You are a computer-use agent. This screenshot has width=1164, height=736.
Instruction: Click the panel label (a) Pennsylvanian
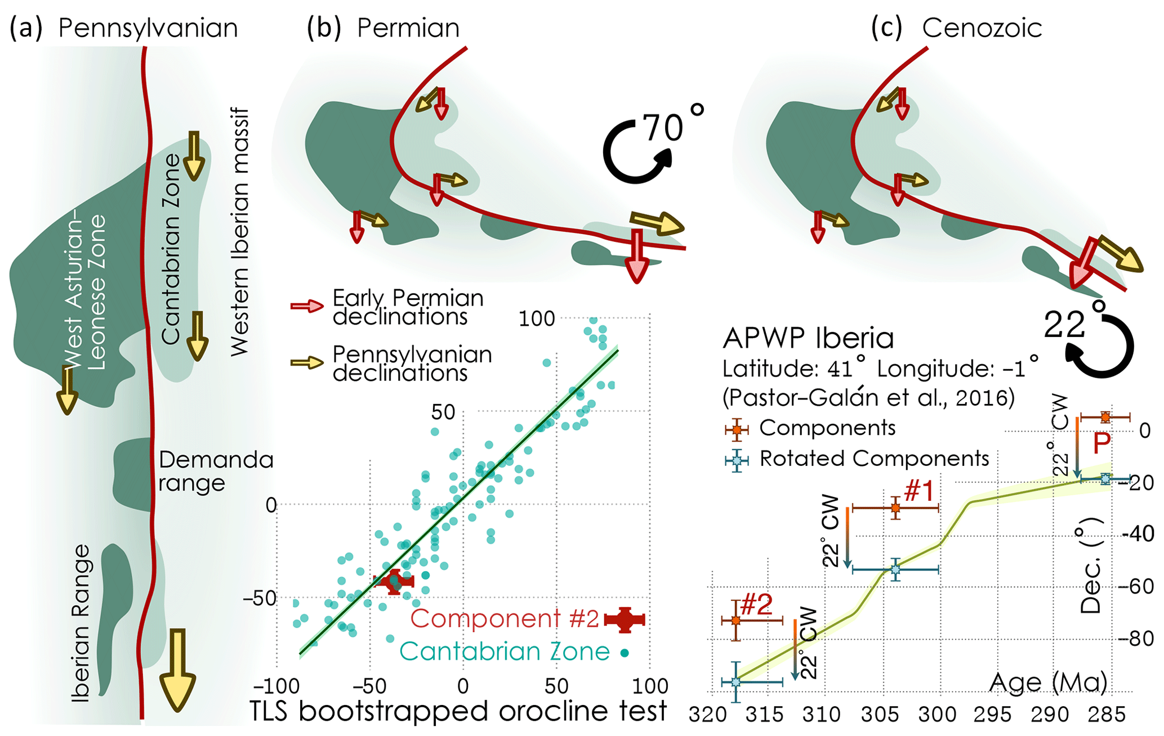[124, 28]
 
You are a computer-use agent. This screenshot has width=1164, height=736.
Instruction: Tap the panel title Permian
[408, 28]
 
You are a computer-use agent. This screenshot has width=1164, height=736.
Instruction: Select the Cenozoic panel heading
[982, 28]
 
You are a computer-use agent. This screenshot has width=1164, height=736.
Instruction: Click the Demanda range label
[216, 472]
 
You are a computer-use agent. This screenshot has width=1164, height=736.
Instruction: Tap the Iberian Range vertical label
[82, 622]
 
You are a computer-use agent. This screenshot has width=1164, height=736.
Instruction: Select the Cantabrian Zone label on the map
[171, 248]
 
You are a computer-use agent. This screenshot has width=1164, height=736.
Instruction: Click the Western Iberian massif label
[240, 231]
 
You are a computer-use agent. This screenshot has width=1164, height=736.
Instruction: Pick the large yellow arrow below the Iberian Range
[177, 670]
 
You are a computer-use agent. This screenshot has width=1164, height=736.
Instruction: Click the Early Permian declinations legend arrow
[307, 306]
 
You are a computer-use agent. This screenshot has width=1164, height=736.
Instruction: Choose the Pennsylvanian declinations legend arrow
[307, 362]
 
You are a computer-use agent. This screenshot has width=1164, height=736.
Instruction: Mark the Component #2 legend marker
[624, 620]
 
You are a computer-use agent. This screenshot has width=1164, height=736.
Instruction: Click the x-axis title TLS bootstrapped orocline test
[458, 711]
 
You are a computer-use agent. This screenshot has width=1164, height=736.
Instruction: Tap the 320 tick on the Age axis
[707, 715]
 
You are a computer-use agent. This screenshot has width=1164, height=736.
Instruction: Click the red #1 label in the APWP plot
[919, 491]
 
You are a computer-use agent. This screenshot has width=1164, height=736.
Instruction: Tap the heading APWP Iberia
[808, 338]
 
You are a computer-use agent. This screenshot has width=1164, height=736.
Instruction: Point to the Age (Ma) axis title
[1048, 683]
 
